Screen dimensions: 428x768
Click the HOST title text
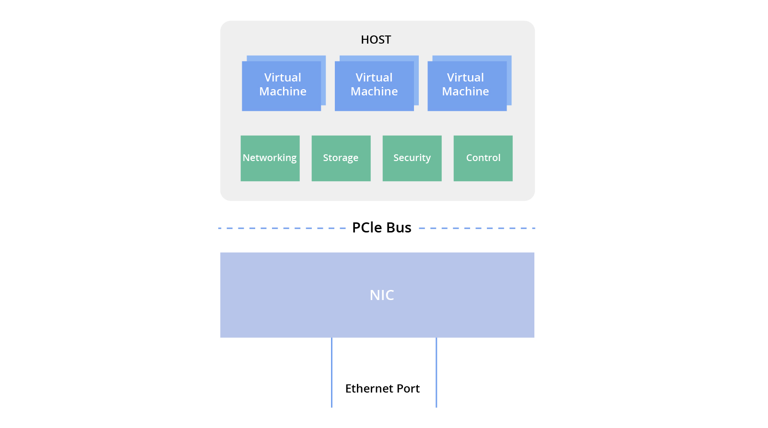pos(376,40)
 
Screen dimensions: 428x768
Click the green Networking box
pos(270,158)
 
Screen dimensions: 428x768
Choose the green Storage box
pos(341,158)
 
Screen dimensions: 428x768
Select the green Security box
pos(412,158)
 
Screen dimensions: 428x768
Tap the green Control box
pos(483,158)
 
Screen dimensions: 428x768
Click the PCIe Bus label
pos(382,228)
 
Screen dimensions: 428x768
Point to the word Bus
pos(399,228)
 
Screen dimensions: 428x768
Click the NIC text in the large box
pos(382,295)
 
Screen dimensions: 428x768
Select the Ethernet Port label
pos(382,389)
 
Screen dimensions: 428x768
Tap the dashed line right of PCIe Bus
pos(477,228)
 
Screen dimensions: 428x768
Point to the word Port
pos(408,389)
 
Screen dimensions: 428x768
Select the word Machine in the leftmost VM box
pos(283,92)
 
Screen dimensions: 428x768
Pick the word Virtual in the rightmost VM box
pos(465,78)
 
